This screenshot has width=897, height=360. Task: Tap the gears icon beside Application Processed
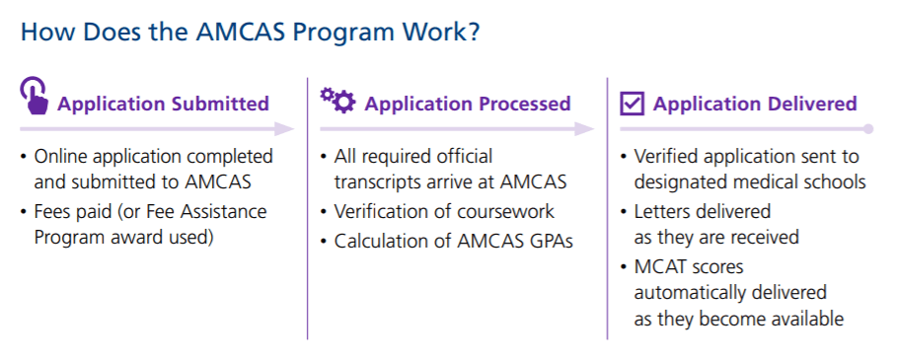coord(337,100)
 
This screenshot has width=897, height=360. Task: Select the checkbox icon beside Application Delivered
coord(633,104)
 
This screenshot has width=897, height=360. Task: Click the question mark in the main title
coord(472,32)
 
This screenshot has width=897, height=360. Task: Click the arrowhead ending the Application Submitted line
coord(284,129)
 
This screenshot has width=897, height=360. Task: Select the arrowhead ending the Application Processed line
coord(584,129)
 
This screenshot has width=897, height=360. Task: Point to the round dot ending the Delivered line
coord(868,129)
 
